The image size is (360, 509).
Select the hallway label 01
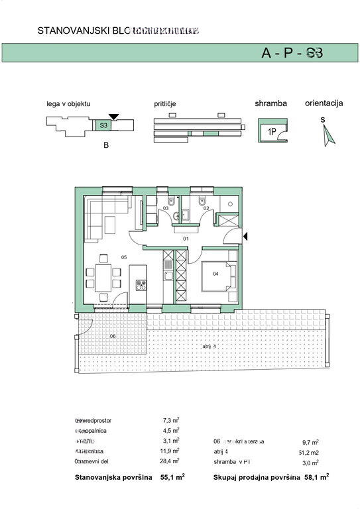tap(186, 238)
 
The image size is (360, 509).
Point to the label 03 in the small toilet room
tap(166, 208)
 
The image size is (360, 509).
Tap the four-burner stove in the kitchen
tap(141, 286)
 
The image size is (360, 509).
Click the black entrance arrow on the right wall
tap(245, 235)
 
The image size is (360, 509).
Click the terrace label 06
tap(113, 337)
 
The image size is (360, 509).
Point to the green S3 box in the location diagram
tap(104, 125)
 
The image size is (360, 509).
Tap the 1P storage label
tap(272, 131)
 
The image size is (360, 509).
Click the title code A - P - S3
tap(292, 54)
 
